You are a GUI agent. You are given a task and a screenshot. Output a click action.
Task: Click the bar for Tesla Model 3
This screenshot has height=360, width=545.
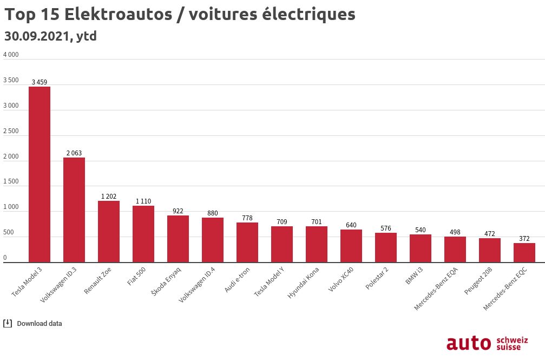(x=40, y=174)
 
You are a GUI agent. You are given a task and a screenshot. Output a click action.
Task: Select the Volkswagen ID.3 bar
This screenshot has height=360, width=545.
(x=74, y=210)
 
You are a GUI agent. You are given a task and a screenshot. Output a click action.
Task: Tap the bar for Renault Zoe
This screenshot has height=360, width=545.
(x=109, y=232)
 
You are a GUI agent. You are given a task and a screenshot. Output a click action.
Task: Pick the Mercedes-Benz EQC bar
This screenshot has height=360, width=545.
(x=524, y=253)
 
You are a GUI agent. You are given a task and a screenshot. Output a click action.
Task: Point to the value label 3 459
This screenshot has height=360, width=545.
(x=40, y=82)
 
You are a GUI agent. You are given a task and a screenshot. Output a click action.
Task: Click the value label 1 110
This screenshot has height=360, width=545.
(x=143, y=201)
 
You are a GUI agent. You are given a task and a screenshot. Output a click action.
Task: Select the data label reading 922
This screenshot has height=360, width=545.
(x=178, y=211)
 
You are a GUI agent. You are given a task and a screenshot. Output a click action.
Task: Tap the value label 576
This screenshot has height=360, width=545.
(x=386, y=228)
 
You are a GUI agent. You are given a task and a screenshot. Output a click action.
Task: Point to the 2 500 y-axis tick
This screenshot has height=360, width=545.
(x=11, y=131)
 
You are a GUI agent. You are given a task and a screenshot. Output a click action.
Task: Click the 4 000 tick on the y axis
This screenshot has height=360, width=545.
(x=11, y=55)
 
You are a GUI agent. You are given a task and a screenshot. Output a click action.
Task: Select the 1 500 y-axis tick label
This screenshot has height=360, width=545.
(x=11, y=182)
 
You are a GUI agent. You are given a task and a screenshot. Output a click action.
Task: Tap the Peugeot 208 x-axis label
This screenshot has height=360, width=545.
(x=478, y=281)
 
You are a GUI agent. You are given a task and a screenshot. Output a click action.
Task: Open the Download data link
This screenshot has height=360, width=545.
(x=40, y=324)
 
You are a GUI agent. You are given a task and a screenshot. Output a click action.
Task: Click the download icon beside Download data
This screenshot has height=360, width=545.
(x=8, y=324)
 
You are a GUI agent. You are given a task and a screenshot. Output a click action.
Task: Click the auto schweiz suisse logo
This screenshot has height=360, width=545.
(x=487, y=343)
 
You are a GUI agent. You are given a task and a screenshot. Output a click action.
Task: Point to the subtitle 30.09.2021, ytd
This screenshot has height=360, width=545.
(x=50, y=36)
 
